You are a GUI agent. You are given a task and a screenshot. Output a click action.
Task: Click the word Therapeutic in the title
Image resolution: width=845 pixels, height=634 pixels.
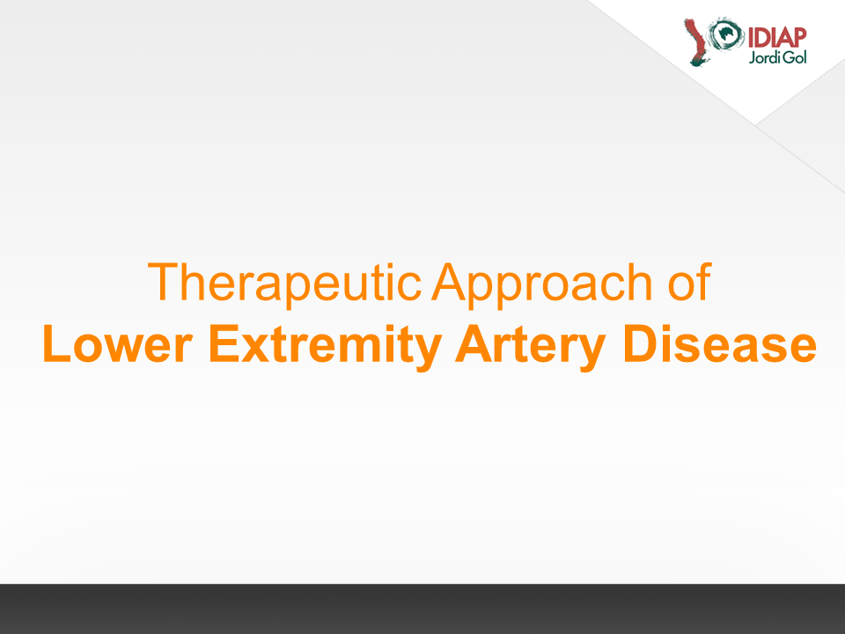284,283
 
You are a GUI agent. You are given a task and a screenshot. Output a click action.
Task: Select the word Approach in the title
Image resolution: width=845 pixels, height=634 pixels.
542,283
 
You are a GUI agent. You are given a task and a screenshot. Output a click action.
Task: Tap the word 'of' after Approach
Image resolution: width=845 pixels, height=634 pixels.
690,282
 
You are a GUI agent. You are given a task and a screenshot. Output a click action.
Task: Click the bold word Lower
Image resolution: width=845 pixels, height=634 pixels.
117,344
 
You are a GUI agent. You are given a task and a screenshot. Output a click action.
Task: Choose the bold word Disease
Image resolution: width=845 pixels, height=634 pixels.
719,344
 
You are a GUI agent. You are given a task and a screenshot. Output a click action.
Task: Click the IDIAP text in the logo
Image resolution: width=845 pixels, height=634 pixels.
776,38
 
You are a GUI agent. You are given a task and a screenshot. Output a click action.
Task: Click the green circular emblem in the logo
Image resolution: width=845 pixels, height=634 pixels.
726,33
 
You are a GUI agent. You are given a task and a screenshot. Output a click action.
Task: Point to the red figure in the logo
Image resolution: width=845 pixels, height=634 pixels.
695,42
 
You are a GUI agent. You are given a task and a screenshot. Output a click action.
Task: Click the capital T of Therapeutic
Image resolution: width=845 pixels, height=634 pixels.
162,282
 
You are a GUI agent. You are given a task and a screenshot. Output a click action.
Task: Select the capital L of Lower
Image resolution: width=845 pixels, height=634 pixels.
56,344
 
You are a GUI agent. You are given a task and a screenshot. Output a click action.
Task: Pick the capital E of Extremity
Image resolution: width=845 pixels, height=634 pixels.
224,344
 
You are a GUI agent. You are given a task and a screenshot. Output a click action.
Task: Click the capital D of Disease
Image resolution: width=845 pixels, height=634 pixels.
640,344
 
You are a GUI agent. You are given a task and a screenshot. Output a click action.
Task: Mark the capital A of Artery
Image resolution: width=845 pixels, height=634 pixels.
474,344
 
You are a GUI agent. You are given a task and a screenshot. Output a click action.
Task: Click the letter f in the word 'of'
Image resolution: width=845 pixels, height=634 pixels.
705,282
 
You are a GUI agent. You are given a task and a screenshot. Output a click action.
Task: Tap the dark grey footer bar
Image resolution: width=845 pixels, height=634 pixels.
422,608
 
